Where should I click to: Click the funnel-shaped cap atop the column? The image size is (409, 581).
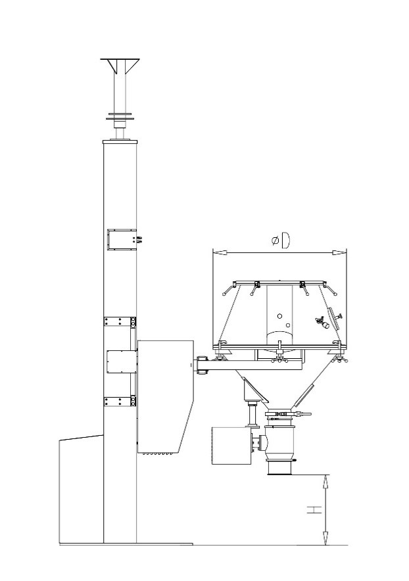(120, 66)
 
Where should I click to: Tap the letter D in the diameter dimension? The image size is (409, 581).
(285, 240)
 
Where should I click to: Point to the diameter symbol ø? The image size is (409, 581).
(275, 241)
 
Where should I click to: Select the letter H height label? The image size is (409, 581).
(314, 509)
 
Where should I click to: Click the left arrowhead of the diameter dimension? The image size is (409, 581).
(220, 252)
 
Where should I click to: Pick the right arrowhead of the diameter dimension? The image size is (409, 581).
(339, 252)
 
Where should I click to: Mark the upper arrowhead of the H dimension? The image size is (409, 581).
(325, 481)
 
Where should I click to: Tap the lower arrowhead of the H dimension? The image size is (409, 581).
(325, 538)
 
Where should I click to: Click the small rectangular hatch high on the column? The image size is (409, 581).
(121, 240)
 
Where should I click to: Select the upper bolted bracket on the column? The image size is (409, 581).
(120, 321)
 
